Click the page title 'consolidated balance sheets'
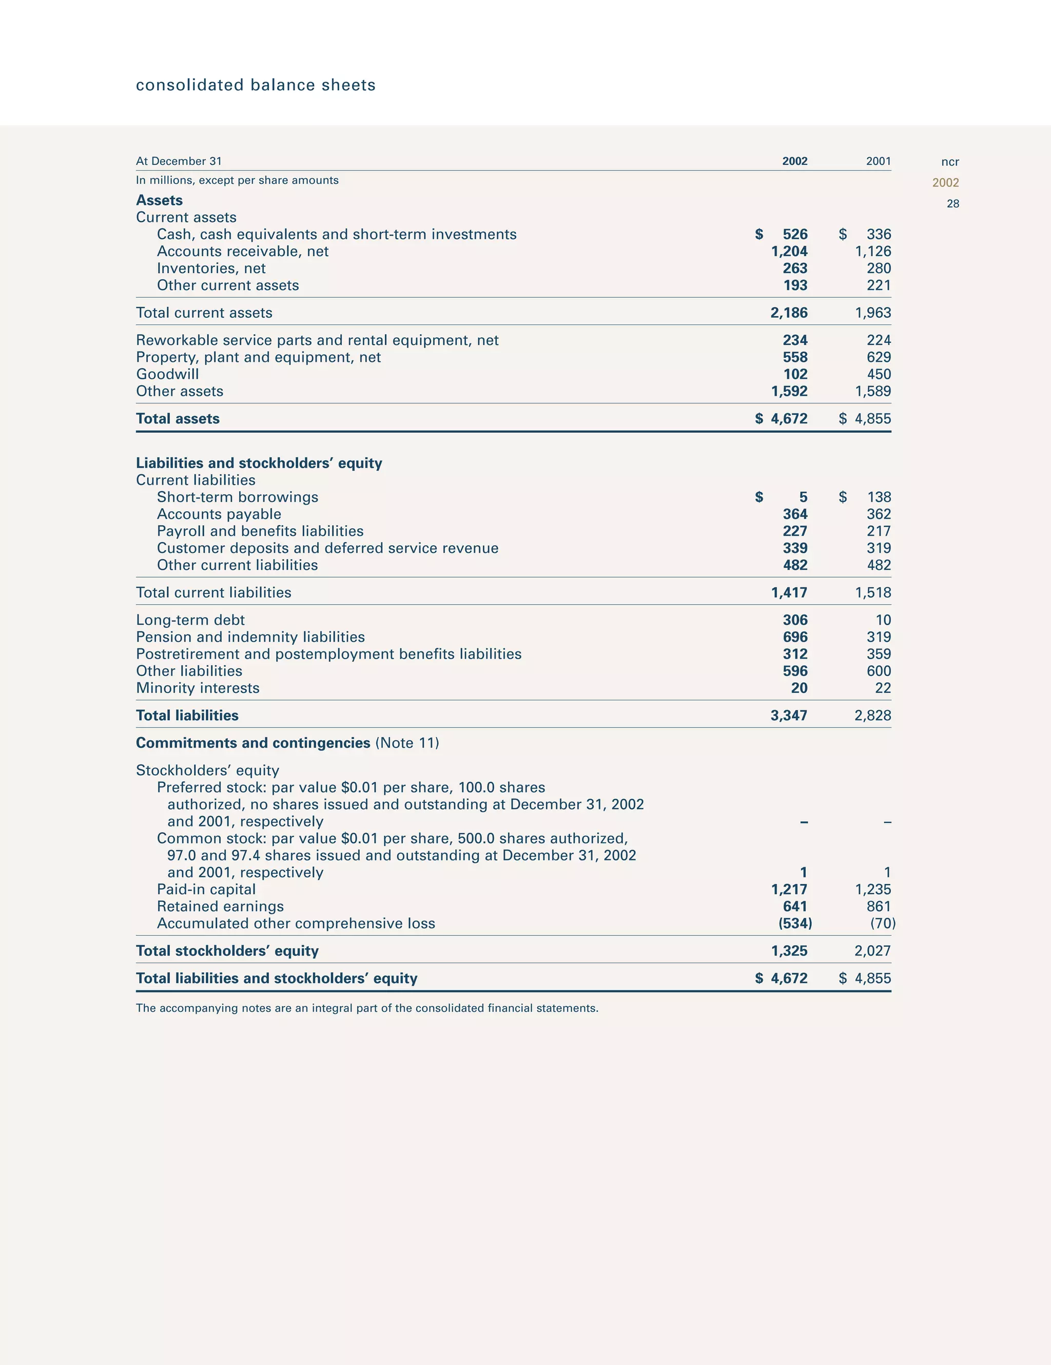tap(256, 85)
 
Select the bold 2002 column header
tap(794, 161)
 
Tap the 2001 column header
tap(878, 161)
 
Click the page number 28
tap(952, 204)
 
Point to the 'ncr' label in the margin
tap(950, 162)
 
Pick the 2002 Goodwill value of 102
tap(795, 374)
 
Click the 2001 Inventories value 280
tap(879, 268)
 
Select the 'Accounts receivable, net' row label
tap(242, 251)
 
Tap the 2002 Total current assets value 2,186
tap(789, 313)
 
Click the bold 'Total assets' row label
tap(178, 419)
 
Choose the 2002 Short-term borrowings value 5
tap(803, 497)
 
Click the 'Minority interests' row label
tap(198, 688)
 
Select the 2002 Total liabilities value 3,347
tap(789, 716)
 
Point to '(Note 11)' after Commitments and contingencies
tap(407, 743)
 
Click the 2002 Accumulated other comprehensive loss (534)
tap(795, 924)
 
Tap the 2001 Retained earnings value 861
tap(879, 907)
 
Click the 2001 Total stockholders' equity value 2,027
tap(872, 951)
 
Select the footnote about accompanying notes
tap(367, 1008)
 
